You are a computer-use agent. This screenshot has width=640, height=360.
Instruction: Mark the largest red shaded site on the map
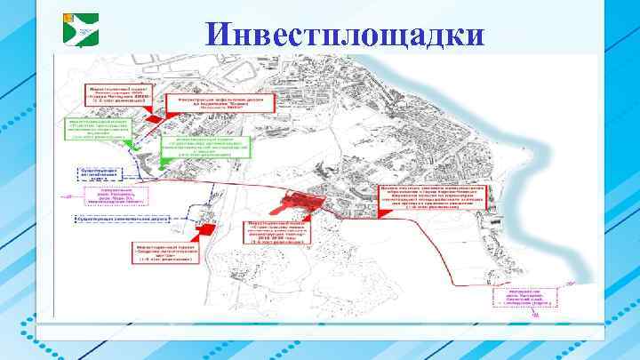(303, 203)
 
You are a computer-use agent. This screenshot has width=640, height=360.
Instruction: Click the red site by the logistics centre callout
(207, 229)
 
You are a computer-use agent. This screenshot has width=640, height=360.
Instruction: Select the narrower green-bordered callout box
(96, 132)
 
